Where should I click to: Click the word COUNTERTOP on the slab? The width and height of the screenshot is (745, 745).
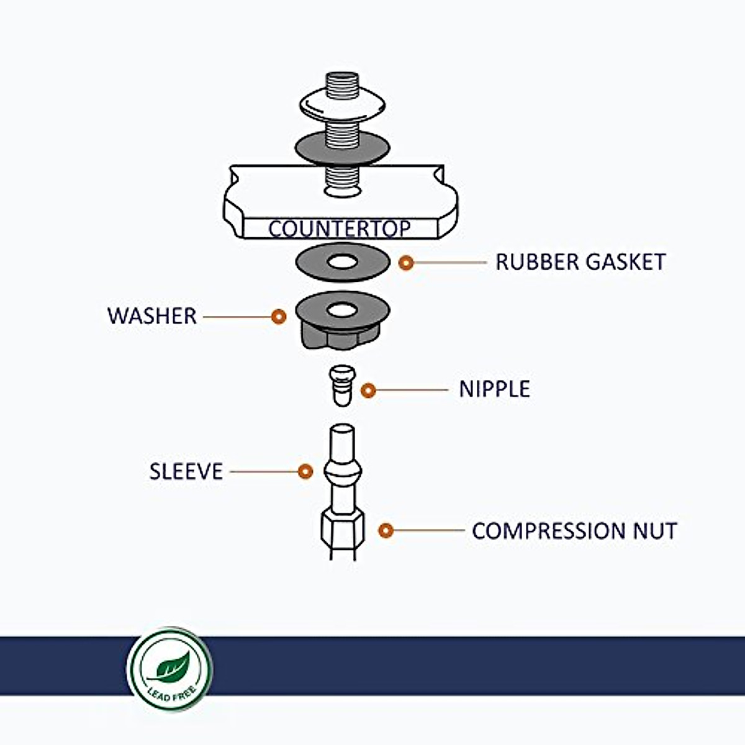[x=339, y=228]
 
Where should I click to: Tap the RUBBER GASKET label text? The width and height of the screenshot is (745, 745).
[x=580, y=262]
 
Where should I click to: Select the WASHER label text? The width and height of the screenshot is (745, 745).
[x=151, y=316]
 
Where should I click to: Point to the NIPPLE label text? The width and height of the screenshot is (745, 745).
[x=494, y=389]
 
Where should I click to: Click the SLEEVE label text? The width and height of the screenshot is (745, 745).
[x=186, y=471]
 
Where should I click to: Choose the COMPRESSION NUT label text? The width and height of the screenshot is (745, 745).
[x=574, y=531]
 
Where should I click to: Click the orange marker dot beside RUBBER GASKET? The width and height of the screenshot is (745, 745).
[x=406, y=263]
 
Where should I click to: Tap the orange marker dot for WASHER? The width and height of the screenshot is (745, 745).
[x=279, y=317]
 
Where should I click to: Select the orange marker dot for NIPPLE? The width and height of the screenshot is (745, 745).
[x=368, y=391]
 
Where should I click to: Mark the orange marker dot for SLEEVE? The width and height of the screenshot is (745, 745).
[x=305, y=472]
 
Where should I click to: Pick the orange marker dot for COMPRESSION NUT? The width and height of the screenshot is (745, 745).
[x=386, y=531]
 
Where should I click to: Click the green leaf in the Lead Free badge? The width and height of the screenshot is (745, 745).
[x=170, y=667]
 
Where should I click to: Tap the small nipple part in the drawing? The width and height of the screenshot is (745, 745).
[x=341, y=385]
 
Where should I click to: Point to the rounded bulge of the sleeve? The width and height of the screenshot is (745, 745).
[x=342, y=472]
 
